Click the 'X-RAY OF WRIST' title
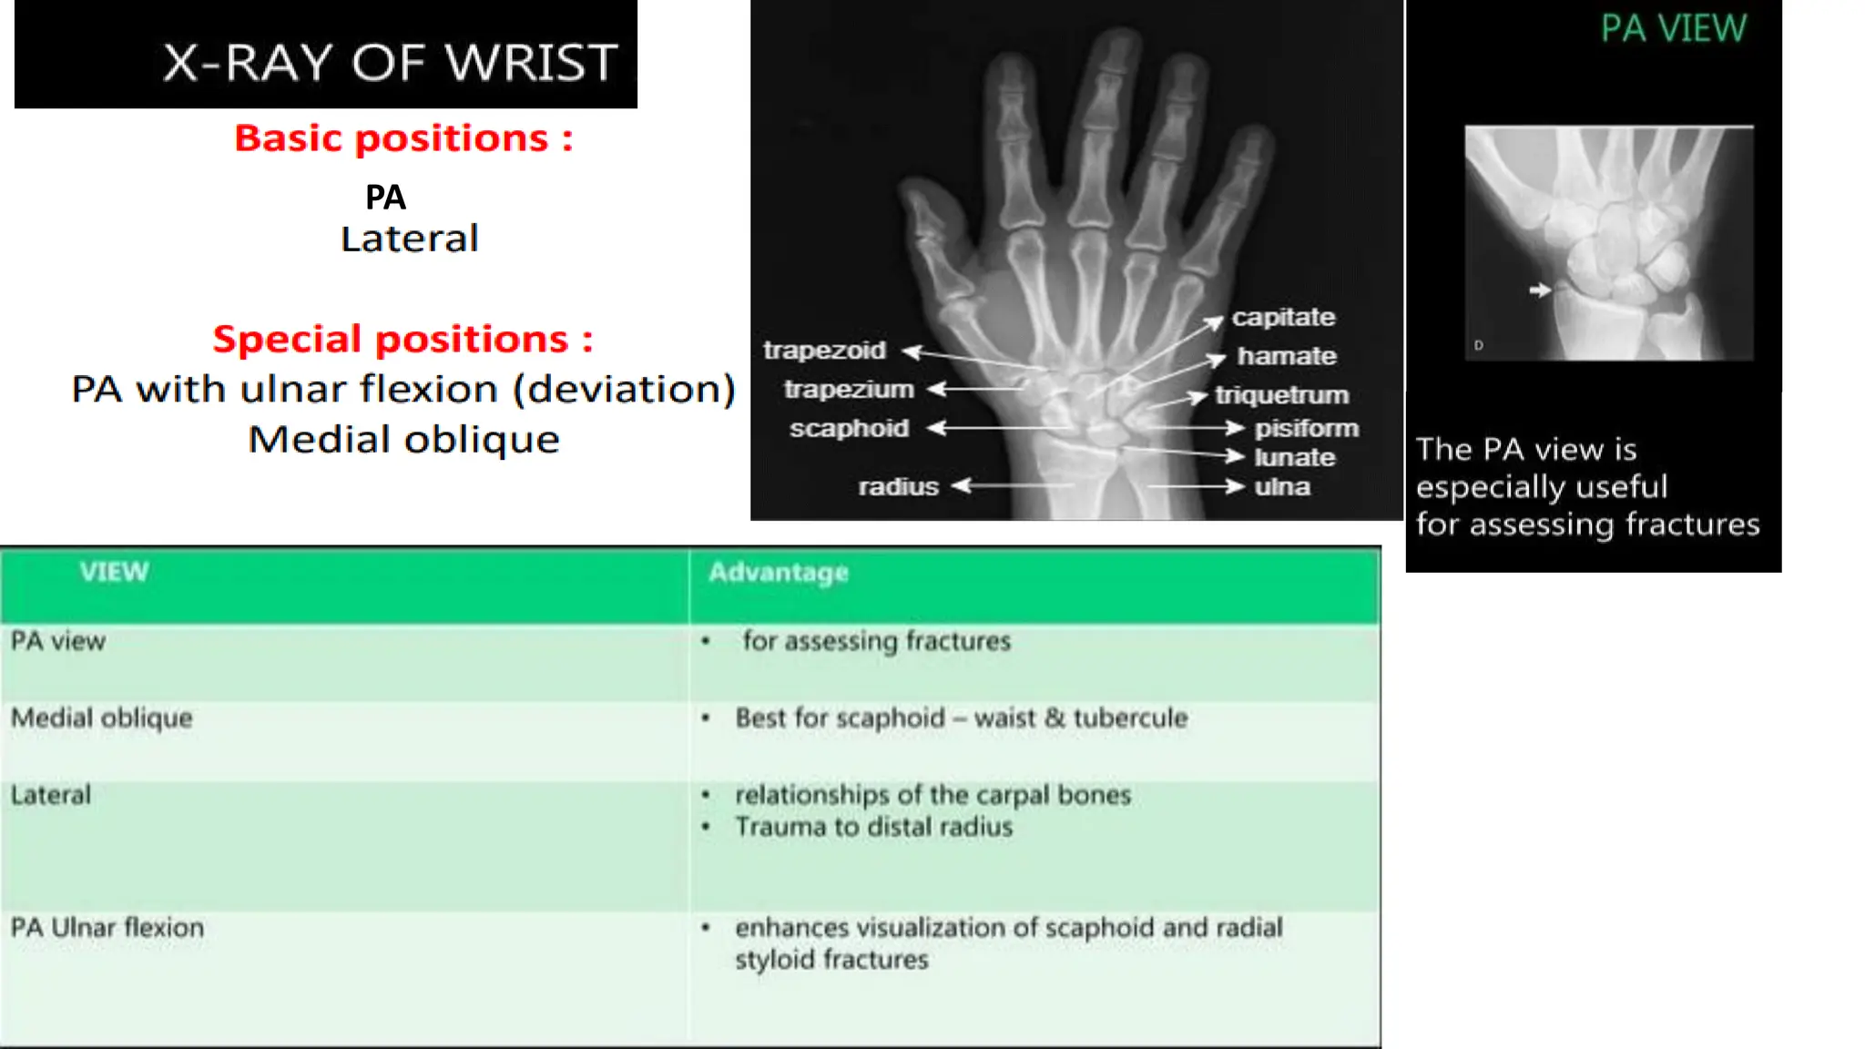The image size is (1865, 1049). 390,63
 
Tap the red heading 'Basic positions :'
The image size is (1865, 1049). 403,138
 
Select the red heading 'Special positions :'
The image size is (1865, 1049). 403,340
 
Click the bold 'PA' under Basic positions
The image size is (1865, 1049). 385,198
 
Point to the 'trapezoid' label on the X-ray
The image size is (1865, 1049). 824,351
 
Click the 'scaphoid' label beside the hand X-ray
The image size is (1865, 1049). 849,428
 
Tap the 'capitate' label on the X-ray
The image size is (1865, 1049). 1283,318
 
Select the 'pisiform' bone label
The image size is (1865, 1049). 1306,428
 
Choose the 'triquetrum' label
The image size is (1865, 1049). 1281,395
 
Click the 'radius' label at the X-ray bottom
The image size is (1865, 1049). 898,487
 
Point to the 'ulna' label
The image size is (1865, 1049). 1282,487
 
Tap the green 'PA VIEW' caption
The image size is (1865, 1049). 1674,29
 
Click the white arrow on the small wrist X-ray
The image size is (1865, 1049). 1539,290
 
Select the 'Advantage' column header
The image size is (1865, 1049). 779,573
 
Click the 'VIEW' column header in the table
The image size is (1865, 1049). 114,572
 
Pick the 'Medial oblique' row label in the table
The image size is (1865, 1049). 102,718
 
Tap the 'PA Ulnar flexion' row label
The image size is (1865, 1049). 107,928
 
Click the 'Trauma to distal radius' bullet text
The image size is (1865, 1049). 873,827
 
